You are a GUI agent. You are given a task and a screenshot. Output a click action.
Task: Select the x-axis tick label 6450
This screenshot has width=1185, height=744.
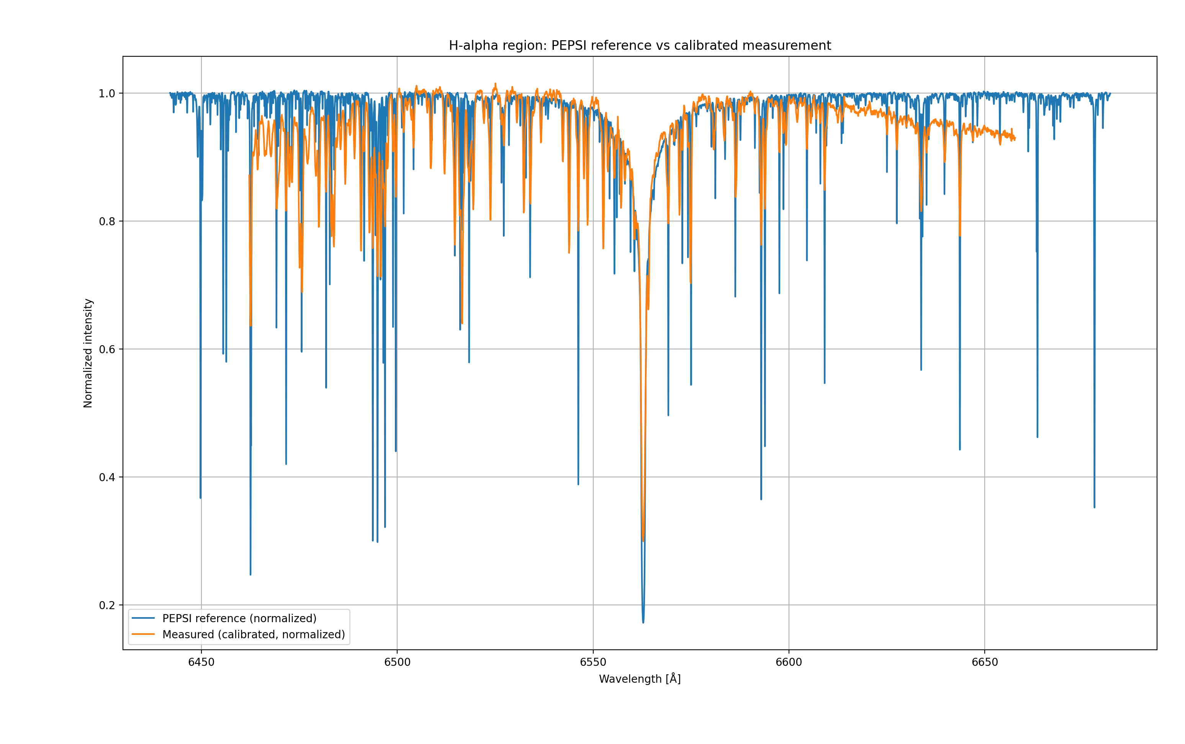pyautogui.click(x=201, y=662)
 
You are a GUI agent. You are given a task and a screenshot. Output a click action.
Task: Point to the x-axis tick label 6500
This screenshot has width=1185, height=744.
pyautogui.click(x=397, y=662)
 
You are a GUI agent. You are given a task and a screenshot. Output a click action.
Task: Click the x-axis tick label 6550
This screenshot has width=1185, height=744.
pyautogui.click(x=593, y=662)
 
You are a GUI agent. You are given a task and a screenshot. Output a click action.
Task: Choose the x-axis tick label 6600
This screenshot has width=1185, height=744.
pyautogui.click(x=789, y=662)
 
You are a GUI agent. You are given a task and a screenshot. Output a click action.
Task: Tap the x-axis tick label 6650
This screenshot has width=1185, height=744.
pyautogui.click(x=984, y=662)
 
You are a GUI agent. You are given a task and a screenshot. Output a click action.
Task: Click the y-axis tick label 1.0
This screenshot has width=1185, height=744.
pyautogui.click(x=107, y=93)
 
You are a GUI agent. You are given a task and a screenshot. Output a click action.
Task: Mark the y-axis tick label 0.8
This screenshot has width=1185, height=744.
pyautogui.click(x=107, y=221)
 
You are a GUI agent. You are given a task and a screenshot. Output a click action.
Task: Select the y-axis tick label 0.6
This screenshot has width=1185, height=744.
pyautogui.click(x=107, y=349)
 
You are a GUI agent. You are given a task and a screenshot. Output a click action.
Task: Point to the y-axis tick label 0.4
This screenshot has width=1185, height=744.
pyautogui.click(x=107, y=477)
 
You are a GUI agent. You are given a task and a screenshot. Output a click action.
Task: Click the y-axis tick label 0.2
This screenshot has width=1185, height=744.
pyautogui.click(x=107, y=605)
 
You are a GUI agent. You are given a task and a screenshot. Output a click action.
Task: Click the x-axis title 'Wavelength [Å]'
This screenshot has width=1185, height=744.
pyautogui.click(x=640, y=679)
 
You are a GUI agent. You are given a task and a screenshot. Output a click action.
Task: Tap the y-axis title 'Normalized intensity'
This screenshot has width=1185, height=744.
pyautogui.click(x=88, y=353)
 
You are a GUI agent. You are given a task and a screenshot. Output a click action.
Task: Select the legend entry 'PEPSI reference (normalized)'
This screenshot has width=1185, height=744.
pyautogui.click(x=239, y=618)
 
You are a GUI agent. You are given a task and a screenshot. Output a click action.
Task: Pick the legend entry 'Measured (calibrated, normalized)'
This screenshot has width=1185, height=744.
pyautogui.click(x=253, y=635)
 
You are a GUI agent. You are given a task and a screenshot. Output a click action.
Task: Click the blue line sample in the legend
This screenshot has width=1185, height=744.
pyautogui.click(x=143, y=618)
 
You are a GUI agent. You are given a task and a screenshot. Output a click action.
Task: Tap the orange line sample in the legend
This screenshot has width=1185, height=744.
pyautogui.click(x=143, y=635)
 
